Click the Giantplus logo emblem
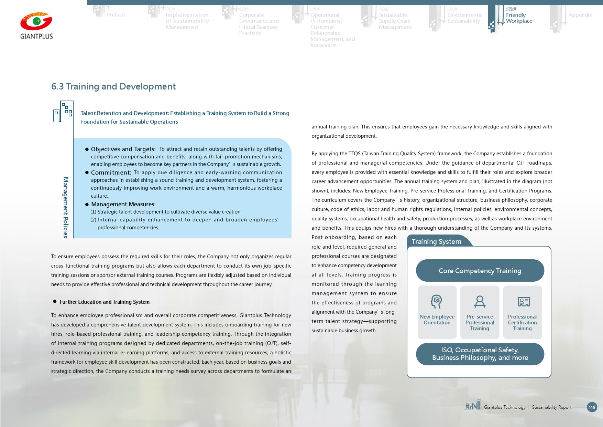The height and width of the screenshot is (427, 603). point(36,21)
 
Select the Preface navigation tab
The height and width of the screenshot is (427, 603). point(116,15)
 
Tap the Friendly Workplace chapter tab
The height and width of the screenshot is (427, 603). point(519,18)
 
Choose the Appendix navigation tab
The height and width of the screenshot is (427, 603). point(580,15)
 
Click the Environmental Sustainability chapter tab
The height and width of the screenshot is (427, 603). point(464,18)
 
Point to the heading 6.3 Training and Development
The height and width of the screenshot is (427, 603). point(113,86)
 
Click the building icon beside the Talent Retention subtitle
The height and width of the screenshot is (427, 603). point(63,111)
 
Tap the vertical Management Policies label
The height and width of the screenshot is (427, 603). point(66,207)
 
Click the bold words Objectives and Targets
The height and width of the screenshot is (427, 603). point(123,149)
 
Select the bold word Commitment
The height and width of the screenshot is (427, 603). point(111,173)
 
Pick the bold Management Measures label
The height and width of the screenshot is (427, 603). point(123,204)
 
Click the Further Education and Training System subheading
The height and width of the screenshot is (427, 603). point(105,302)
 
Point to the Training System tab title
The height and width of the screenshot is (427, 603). point(436,241)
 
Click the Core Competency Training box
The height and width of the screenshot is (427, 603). point(480,271)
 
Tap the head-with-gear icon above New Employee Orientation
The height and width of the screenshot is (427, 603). point(436,302)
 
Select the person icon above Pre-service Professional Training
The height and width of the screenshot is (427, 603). point(480,302)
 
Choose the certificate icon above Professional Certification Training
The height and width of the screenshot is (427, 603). point(524,302)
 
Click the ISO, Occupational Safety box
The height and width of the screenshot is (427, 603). point(480,354)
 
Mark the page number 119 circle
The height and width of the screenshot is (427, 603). point(592,407)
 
